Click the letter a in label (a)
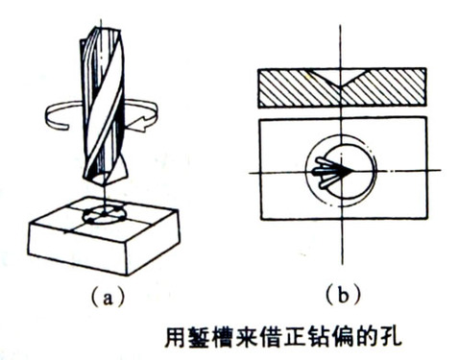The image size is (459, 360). tap(108, 298)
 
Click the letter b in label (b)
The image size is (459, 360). tap(343, 295)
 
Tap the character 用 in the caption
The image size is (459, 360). tap(176, 336)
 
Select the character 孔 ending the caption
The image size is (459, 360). tap(391, 336)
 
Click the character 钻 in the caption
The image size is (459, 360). tap(310, 336)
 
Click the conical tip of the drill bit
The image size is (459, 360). tap(105, 180)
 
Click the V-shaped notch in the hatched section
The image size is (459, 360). tap(341, 79)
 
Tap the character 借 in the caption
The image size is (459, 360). tap(256, 336)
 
